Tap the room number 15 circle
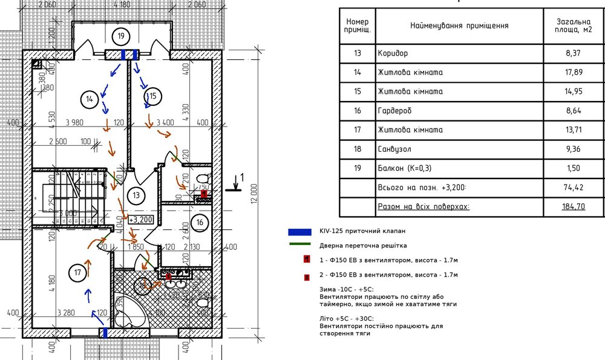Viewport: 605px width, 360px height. (152, 95)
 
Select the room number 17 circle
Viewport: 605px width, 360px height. (77, 272)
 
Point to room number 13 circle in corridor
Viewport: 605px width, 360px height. (136, 195)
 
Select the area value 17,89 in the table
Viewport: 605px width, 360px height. (573, 73)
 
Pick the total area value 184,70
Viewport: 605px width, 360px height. (573, 207)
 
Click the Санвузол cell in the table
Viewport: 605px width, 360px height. (394, 149)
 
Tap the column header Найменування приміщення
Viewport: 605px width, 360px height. (459, 26)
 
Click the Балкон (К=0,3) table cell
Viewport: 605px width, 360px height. (404, 168)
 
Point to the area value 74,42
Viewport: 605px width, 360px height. (573, 188)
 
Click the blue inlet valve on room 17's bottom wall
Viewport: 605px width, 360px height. (104, 332)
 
